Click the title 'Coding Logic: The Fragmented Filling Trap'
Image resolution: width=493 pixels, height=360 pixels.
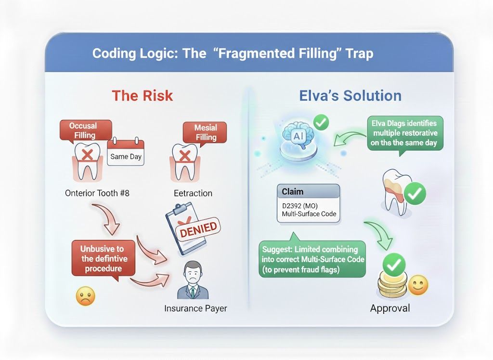[232, 53]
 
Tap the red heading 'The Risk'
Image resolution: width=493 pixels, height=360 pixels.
[142, 95]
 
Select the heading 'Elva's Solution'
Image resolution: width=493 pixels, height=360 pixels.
[350, 95]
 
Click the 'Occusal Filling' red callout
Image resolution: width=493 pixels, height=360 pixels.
[84, 130]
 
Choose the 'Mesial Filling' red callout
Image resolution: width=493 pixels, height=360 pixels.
[206, 132]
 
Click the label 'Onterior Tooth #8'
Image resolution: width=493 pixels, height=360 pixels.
[97, 193]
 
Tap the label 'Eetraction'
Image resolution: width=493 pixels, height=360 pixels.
[193, 193]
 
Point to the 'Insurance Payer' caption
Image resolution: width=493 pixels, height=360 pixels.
[195, 308]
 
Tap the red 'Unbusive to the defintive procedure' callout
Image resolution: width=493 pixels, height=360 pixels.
[102, 258]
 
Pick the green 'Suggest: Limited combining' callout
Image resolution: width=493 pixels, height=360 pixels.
[312, 259]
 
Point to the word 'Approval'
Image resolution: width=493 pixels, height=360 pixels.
[390, 308]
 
